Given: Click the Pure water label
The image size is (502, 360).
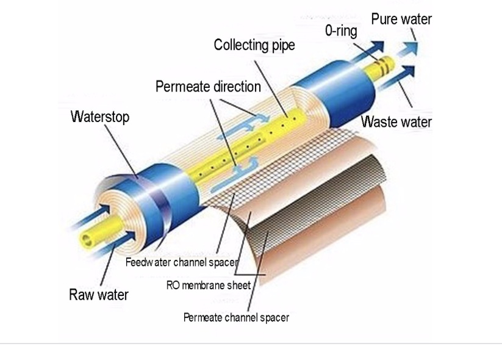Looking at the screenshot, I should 401,19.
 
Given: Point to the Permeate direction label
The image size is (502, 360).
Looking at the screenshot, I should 208,87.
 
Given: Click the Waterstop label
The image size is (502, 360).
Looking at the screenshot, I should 100,117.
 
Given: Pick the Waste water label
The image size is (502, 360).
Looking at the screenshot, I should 396,121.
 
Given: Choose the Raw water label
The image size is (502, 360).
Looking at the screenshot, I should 98,295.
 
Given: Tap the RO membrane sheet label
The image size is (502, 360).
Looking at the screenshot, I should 208,285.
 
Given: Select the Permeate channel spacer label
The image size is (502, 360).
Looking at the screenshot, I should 236,317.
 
